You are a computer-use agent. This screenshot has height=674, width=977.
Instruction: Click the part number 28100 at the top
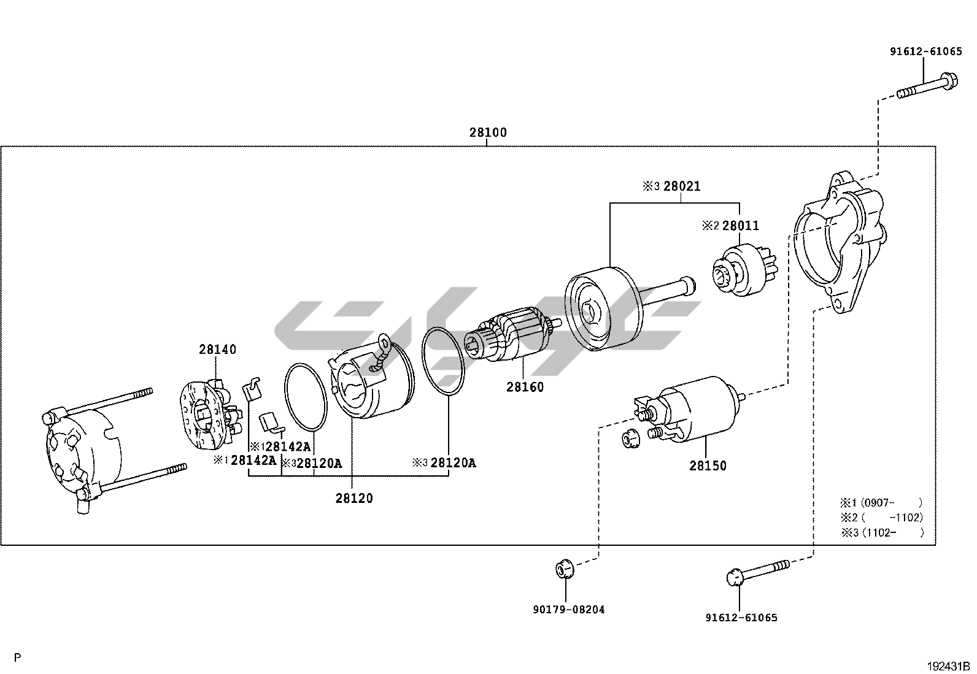[x=488, y=132]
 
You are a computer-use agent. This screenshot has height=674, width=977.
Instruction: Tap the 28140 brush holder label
[x=217, y=350]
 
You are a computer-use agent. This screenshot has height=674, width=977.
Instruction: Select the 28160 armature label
[x=525, y=388]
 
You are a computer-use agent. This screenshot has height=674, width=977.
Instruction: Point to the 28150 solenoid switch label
[x=708, y=466]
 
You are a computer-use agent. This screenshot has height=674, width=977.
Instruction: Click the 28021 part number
[x=681, y=186]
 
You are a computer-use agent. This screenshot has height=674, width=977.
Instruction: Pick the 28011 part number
[x=740, y=226]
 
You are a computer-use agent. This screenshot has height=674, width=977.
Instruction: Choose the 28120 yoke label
[x=354, y=499]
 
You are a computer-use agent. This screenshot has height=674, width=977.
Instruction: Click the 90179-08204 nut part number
[x=569, y=610]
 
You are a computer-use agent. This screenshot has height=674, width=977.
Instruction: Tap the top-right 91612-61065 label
[x=926, y=52]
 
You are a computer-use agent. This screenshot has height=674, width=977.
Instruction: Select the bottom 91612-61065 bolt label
[x=741, y=618]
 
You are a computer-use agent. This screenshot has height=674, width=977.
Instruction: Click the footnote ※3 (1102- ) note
[x=882, y=532]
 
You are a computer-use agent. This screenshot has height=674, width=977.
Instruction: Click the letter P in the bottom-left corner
[x=18, y=658]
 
